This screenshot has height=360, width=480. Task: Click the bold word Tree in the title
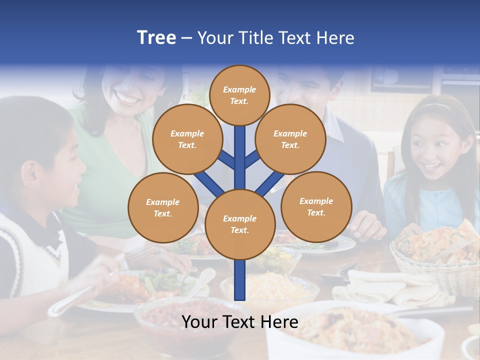(x=156, y=37)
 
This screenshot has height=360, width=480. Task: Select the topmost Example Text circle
(x=239, y=95)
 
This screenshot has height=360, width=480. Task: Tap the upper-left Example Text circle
(x=187, y=139)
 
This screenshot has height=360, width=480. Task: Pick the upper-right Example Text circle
(x=290, y=139)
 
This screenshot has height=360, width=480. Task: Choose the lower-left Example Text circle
(x=162, y=207)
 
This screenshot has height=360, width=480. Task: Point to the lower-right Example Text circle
(x=316, y=206)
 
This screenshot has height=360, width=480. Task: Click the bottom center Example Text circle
(x=239, y=224)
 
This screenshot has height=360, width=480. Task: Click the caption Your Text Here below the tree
(x=239, y=322)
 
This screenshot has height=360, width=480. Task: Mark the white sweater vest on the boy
(x=30, y=250)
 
